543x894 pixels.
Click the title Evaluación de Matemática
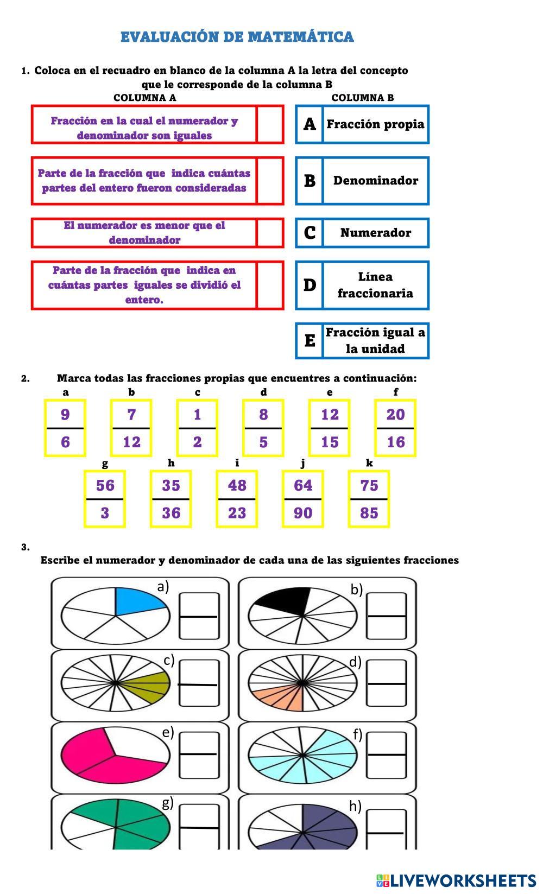click(x=237, y=37)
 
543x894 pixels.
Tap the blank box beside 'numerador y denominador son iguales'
click(x=270, y=124)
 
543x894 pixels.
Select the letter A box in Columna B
click(x=310, y=124)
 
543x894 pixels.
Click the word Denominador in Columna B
click(x=375, y=181)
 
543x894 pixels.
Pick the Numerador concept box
click(x=375, y=233)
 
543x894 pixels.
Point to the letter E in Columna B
click(x=310, y=341)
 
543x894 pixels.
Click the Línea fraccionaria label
click(x=375, y=285)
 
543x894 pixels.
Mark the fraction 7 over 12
click(x=131, y=428)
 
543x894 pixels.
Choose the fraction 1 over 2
click(x=197, y=428)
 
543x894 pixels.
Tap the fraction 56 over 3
click(x=105, y=499)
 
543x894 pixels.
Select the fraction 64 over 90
click(x=303, y=499)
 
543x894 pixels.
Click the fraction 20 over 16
click(x=395, y=428)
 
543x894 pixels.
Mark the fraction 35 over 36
click(x=171, y=499)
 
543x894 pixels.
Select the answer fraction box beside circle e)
click(x=199, y=754)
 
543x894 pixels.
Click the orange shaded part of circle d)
click(x=282, y=697)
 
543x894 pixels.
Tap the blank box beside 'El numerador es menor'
click(x=270, y=233)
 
